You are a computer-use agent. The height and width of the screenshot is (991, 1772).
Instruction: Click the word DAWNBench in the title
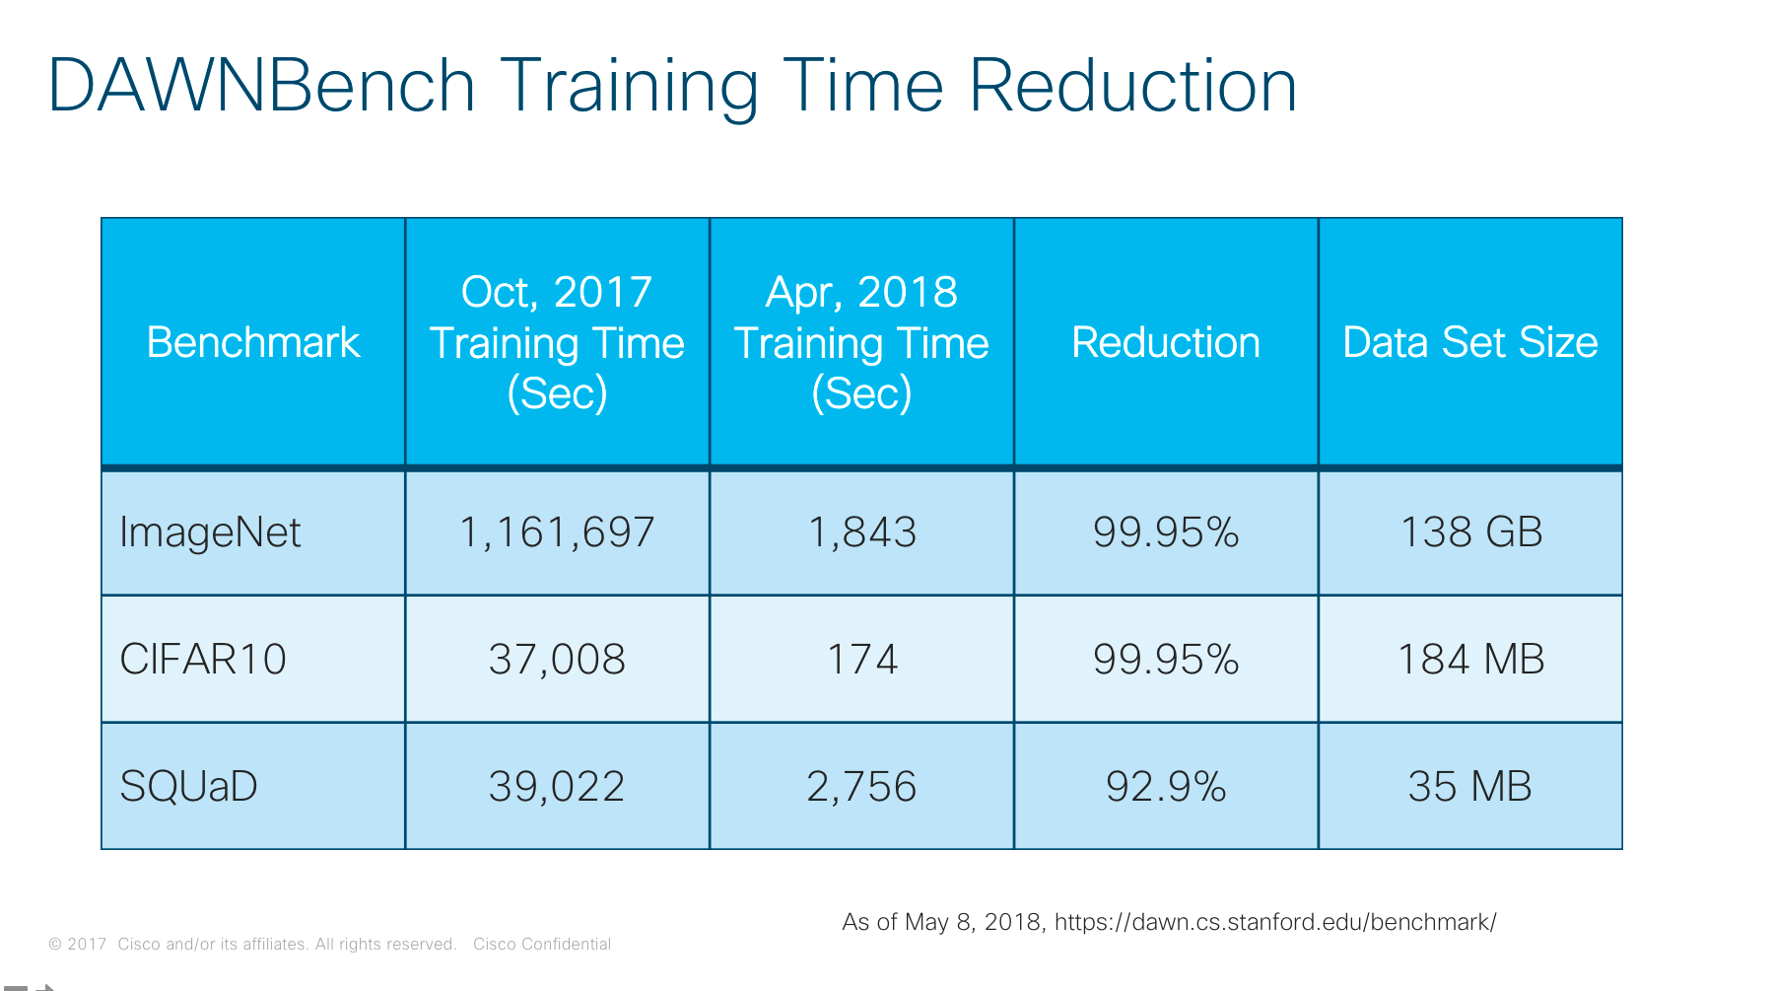click(x=261, y=86)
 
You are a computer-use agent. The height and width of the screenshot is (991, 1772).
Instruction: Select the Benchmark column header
click(x=253, y=343)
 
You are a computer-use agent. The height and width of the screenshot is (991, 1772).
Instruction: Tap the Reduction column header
click(x=1166, y=343)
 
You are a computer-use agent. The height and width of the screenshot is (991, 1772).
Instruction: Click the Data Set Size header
click(x=1469, y=343)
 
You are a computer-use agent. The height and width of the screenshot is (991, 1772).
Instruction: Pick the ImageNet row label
click(x=210, y=532)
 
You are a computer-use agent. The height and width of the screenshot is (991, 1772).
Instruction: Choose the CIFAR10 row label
click(x=203, y=659)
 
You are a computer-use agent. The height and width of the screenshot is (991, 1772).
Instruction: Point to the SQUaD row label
click(x=188, y=786)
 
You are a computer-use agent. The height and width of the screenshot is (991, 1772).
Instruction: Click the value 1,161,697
click(x=557, y=532)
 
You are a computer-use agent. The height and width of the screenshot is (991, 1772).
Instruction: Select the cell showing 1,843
click(x=862, y=532)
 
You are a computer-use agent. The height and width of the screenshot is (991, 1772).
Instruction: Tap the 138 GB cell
click(x=1470, y=532)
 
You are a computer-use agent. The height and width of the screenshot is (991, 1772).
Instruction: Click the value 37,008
click(x=557, y=659)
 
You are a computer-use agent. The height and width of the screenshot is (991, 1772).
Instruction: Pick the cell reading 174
click(x=862, y=659)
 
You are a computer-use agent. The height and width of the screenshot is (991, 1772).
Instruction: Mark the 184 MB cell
click(x=1470, y=659)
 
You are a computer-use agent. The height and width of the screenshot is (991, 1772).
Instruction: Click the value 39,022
click(x=557, y=786)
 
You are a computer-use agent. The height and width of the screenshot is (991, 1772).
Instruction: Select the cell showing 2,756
click(x=862, y=786)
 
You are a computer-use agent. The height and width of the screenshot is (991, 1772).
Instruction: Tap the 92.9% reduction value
click(x=1166, y=786)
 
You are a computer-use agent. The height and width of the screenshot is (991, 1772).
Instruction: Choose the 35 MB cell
click(x=1470, y=786)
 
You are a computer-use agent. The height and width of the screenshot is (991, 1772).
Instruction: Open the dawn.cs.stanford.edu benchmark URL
click(x=1275, y=922)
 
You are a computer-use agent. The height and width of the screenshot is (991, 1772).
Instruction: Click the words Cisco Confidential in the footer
click(x=542, y=944)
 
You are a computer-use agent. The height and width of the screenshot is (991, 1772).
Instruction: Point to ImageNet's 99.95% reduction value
click(x=1166, y=532)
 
